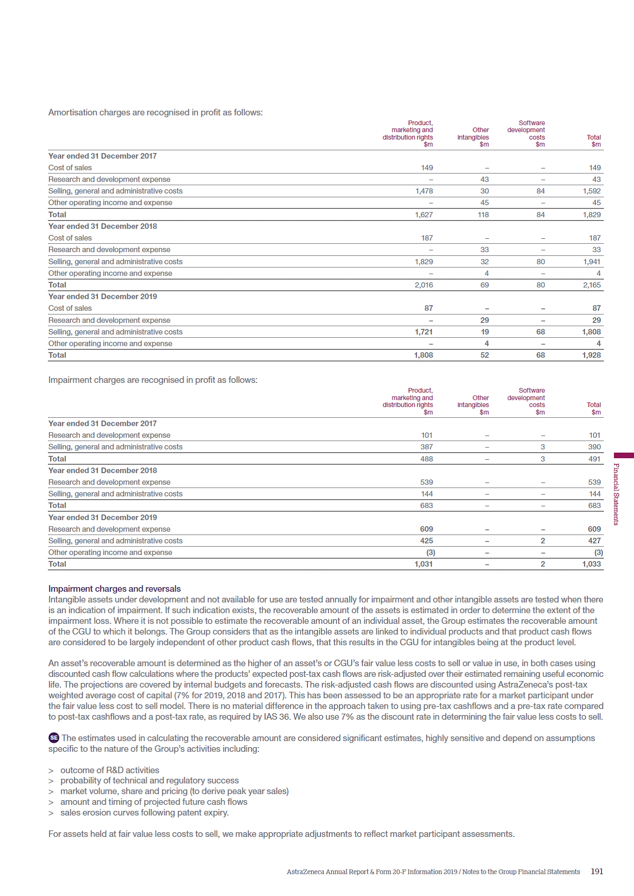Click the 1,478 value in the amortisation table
point(424,191)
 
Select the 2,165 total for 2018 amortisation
point(592,285)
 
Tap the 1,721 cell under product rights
point(423,332)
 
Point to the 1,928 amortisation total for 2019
point(591,355)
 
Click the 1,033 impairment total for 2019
point(591,564)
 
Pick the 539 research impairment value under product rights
point(427,482)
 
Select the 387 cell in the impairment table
point(427,447)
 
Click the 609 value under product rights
point(427,529)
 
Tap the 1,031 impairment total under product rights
point(423,564)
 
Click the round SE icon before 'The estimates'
point(54,738)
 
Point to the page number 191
point(597,871)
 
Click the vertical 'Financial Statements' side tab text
point(616,494)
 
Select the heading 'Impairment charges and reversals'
point(114,588)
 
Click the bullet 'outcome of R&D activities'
point(110,770)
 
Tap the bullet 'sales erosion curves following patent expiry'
point(144,813)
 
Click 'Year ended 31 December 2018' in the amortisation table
point(102,226)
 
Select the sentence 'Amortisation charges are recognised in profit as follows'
point(155,112)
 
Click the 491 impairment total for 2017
point(594,459)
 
